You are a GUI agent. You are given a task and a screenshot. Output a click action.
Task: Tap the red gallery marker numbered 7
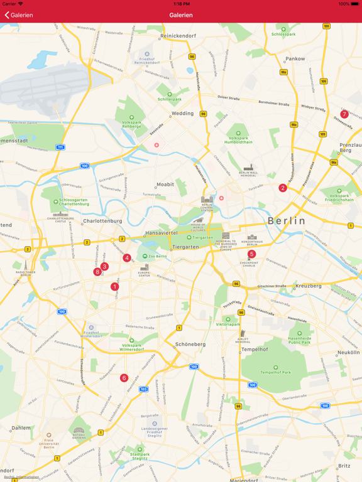(x=344, y=114)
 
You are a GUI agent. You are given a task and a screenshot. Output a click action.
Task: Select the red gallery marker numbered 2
(x=283, y=188)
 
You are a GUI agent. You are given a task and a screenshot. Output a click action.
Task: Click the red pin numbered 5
(x=251, y=254)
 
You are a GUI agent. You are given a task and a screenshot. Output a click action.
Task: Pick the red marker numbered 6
(x=124, y=378)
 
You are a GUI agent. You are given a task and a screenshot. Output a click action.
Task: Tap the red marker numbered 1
(x=114, y=287)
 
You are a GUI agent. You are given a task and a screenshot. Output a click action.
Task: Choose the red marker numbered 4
(x=127, y=258)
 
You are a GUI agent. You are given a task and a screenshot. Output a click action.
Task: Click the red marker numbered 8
(x=97, y=272)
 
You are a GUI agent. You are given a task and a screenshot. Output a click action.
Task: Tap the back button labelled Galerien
(x=19, y=15)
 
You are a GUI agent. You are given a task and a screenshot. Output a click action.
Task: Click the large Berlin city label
(x=287, y=221)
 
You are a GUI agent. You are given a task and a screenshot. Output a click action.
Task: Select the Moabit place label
(x=165, y=185)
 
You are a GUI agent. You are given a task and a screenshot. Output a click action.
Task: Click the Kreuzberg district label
(x=308, y=286)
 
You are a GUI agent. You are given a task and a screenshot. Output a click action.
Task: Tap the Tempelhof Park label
(x=276, y=372)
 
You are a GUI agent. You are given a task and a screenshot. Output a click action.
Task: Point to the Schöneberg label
(x=190, y=344)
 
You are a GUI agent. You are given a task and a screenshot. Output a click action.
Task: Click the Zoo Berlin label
(x=156, y=257)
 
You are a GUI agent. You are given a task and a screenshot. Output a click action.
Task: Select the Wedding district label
(x=183, y=114)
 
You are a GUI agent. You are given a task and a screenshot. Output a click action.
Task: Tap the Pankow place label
(x=295, y=59)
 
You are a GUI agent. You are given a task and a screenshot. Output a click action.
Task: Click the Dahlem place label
(x=21, y=427)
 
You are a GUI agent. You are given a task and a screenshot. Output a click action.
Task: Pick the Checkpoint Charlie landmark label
(x=249, y=264)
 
